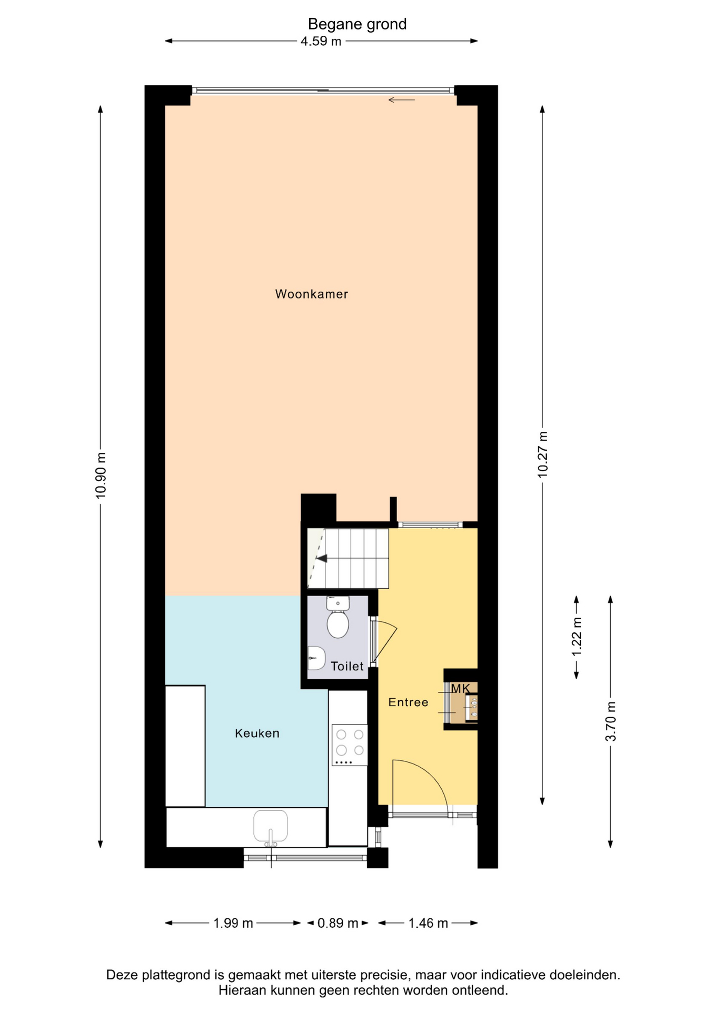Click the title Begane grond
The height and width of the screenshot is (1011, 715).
(x=357, y=24)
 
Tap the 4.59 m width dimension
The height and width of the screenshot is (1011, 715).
(x=321, y=41)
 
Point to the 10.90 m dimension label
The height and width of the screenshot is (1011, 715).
(x=101, y=475)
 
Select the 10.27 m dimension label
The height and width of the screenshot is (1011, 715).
(x=542, y=454)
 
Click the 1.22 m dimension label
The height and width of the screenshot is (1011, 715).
(x=577, y=637)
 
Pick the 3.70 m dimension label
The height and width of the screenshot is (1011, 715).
(x=610, y=721)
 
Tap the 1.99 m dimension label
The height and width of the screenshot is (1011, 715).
(x=233, y=923)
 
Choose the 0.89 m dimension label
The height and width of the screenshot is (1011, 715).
(x=337, y=923)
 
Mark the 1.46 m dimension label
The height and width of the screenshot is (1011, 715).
(x=428, y=923)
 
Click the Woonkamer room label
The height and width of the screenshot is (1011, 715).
(x=312, y=294)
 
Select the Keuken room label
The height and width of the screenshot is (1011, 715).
(x=257, y=733)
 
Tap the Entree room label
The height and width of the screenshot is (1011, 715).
(x=408, y=702)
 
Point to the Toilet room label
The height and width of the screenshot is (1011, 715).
(x=347, y=666)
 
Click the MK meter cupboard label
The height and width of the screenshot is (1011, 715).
(x=460, y=688)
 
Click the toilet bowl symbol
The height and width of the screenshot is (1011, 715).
(x=337, y=617)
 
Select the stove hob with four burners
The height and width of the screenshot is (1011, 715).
(x=350, y=745)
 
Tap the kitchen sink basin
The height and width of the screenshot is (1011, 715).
(x=271, y=826)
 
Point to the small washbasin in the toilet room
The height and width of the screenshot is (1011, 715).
(x=316, y=658)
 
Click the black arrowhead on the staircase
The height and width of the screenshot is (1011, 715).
(x=321, y=558)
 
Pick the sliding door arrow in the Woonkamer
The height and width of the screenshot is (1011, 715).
(x=402, y=100)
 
